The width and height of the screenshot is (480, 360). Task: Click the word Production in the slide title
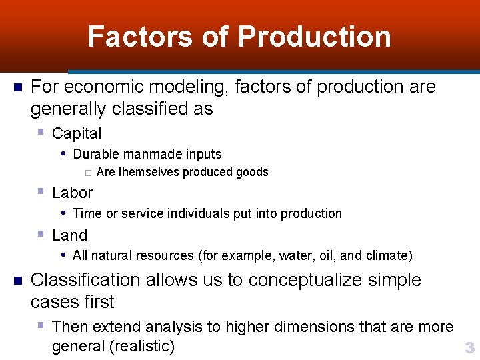(x=314, y=37)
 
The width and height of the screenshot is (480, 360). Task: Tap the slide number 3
(x=469, y=347)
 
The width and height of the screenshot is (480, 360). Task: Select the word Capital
(x=77, y=133)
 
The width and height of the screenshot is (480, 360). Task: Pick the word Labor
(x=72, y=193)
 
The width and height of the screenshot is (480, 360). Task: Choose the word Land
(x=69, y=235)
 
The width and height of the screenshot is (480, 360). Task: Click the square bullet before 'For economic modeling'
(x=18, y=87)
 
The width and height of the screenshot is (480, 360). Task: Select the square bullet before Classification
(x=18, y=280)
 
